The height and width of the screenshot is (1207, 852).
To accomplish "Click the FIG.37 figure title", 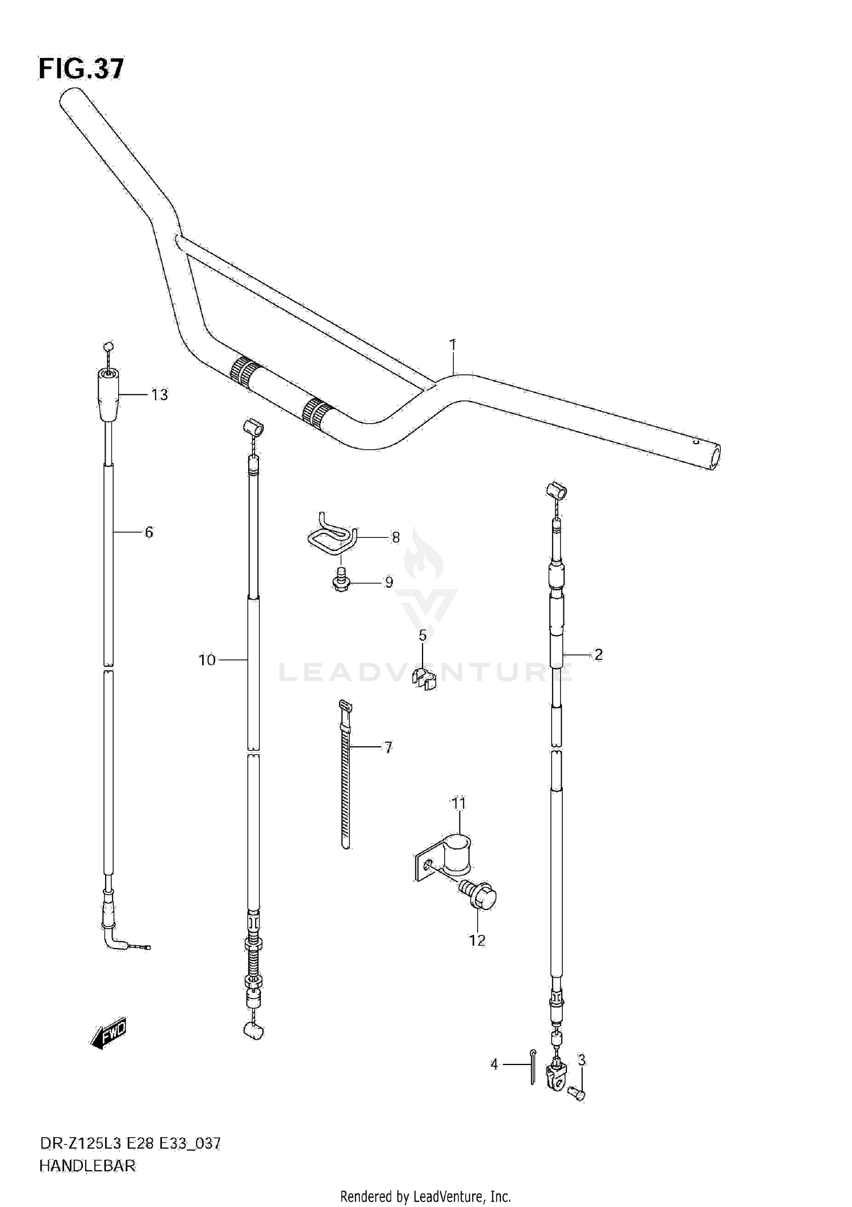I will click(81, 69).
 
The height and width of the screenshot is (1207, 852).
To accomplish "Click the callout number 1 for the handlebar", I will click(453, 345).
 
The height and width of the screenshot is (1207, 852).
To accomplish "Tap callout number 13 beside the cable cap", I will click(160, 395).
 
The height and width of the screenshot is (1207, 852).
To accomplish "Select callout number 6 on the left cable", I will click(149, 532).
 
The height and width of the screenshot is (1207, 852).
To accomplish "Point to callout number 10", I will click(207, 660).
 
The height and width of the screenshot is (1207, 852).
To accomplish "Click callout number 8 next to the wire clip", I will click(395, 537).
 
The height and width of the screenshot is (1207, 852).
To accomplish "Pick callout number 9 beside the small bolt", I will click(389, 583).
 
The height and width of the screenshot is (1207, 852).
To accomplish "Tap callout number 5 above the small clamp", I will click(423, 636).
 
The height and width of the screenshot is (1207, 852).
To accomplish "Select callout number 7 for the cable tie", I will click(388, 747).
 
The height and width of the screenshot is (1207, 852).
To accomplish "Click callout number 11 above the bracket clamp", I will click(458, 804).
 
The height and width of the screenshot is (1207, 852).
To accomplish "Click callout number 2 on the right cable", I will click(598, 655).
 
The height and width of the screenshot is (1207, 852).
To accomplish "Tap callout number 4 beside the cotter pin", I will click(494, 1064).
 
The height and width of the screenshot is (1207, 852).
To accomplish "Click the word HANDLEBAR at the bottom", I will click(87, 1166).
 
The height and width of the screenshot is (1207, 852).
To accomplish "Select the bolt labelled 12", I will click(480, 897).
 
